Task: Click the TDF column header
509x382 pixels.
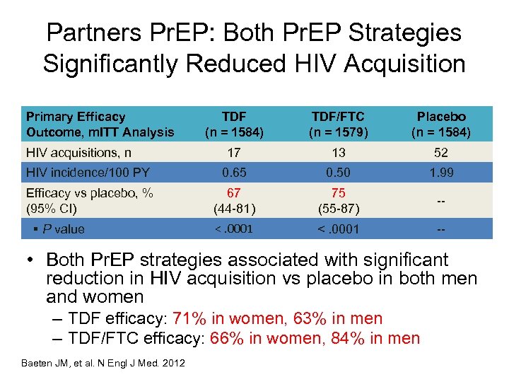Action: (233, 124)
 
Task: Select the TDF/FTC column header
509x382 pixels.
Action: (338, 124)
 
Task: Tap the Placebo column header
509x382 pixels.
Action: (441, 124)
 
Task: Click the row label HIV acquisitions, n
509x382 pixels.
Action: (78, 152)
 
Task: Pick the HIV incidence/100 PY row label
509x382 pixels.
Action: (87, 172)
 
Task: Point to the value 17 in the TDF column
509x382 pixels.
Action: (233, 152)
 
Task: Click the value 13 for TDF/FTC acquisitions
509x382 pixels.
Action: (338, 152)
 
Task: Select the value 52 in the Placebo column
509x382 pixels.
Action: (441, 152)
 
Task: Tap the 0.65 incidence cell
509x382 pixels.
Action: (233, 172)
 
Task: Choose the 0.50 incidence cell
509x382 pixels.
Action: (338, 172)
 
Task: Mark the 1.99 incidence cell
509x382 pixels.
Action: (441, 172)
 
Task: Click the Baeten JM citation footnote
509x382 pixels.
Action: (104, 363)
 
